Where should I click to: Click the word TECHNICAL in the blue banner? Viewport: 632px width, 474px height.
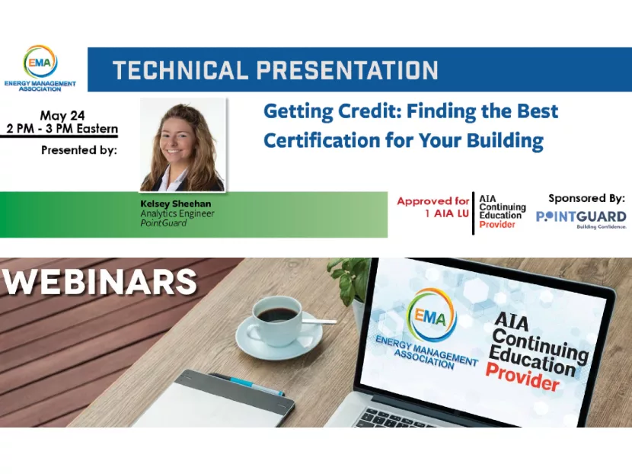[x=179, y=71]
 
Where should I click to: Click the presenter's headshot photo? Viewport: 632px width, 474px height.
[x=183, y=145]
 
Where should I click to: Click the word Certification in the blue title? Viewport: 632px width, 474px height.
[x=320, y=140]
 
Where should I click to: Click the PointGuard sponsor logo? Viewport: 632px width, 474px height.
[x=581, y=218]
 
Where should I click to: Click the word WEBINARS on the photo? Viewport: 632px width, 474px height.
[x=99, y=282]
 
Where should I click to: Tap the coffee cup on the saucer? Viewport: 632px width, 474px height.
[x=276, y=320]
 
